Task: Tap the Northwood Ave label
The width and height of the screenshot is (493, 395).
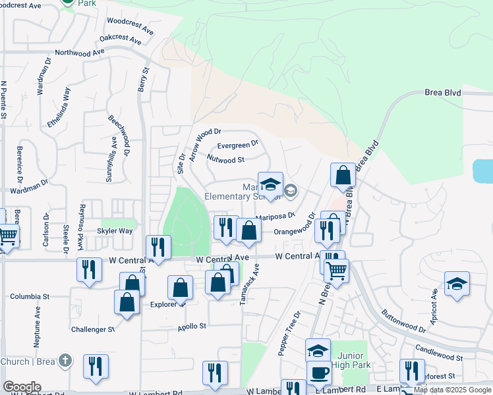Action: pyautogui.click(x=80, y=52)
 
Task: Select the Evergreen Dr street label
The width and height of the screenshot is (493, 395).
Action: pyautogui.click(x=237, y=144)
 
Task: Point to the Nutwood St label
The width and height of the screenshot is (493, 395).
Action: pyautogui.click(x=225, y=159)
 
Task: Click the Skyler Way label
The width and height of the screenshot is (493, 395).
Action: pyautogui.click(x=115, y=231)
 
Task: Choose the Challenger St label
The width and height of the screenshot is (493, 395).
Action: pyautogui.click(x=93, y=329)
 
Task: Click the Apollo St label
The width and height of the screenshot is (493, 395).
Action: pyautogui.click(x=192, y=326)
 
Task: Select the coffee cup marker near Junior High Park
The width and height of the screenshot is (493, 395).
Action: pyautogui.click(x=320, y=372)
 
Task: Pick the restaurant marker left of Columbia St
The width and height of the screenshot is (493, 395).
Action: pyautogui.click(x=89, y=268)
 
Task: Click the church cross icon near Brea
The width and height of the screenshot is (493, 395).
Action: pyautogui.click(x=64, y=361)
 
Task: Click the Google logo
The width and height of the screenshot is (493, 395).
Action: pyautogui.click(x=22, y=387)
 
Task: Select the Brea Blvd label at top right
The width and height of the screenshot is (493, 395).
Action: pyautogui.click(x=442, y=94)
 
